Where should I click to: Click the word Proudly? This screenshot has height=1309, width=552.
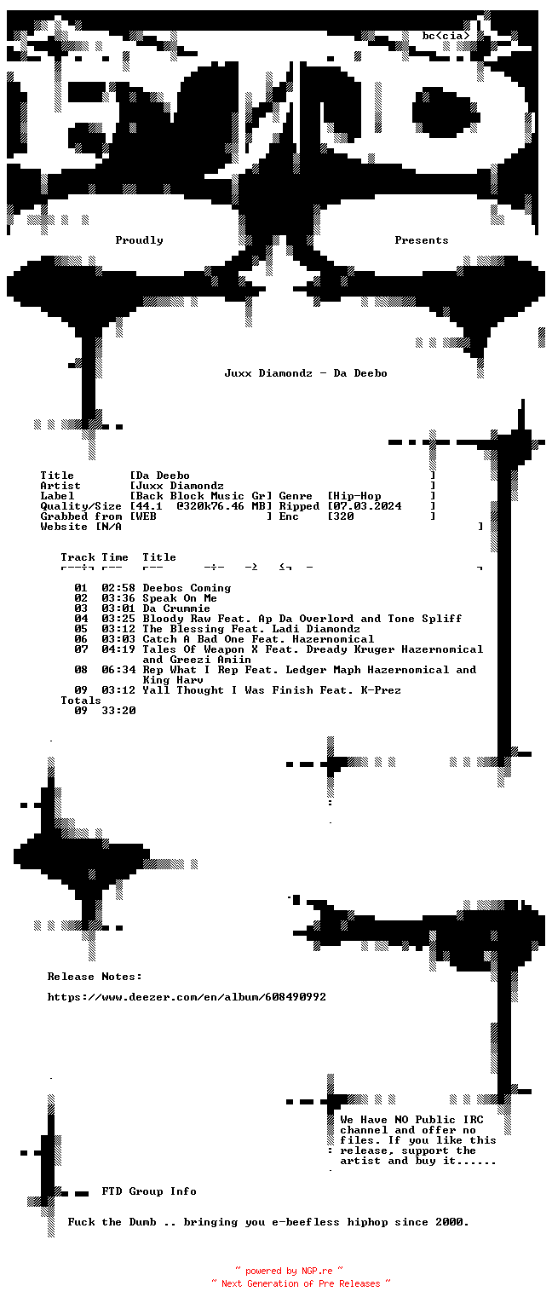pos(139,240)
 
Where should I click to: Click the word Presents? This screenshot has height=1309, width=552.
pos(421,240)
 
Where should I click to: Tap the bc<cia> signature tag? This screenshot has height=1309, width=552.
pos(446,37)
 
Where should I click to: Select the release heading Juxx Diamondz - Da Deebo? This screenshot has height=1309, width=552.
pos(306,373)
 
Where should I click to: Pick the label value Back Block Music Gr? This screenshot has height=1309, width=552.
pos(201,496)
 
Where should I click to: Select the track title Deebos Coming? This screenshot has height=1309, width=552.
pos(187,588)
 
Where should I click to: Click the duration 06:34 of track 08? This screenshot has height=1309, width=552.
pos(118,670)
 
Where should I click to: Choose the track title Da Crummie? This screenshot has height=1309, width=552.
pos(176,608)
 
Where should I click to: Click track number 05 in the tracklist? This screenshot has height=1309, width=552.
pos(81,629)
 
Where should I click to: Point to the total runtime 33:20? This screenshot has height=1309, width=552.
pos(118,711)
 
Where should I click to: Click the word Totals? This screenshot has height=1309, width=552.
pos(81,701)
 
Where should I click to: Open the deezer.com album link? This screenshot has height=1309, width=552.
pos(187,997)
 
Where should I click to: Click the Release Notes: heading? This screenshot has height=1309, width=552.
pos(95,977)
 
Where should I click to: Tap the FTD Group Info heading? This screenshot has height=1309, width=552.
pos(149,1191)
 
